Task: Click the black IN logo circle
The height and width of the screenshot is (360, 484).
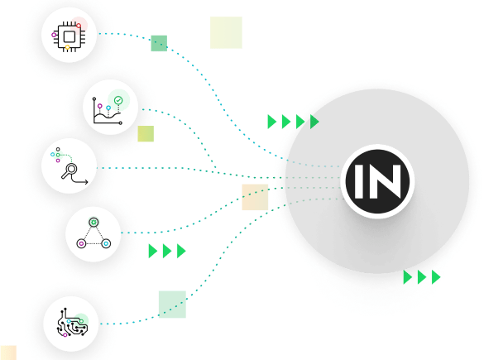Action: point(377,181)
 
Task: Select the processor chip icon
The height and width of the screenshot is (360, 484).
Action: point(69,36)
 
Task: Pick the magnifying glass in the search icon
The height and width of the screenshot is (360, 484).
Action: point(69,170)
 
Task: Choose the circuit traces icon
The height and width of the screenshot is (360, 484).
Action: point(72,323)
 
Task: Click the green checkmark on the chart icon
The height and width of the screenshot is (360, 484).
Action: point(118,100)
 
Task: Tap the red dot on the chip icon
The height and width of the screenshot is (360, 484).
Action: point(79,26)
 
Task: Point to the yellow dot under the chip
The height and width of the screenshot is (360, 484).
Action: point(67,47)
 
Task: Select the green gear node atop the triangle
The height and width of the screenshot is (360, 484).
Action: point(93,222)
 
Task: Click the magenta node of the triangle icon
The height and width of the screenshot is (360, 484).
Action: point(81,243)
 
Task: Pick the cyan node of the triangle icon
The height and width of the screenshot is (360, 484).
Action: point(106,243)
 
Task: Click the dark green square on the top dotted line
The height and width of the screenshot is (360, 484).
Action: point(159,43)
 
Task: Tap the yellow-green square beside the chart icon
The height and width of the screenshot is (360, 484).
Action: point(146,134)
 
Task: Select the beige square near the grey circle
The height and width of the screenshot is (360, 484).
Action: point(255,197)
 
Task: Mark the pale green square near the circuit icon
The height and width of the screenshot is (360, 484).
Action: point(172,304)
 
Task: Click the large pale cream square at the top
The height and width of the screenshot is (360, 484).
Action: point(226,32)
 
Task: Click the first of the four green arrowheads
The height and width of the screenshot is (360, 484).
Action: point(271,122)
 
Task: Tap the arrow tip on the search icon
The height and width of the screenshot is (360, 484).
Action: point(88,182)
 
